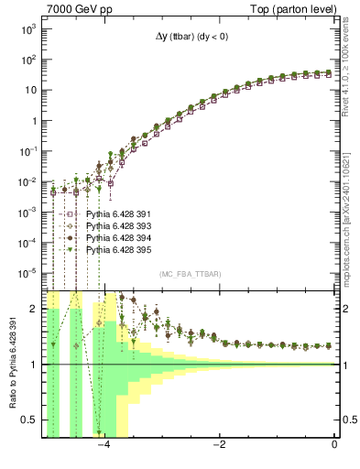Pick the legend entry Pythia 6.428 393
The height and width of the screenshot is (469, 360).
click(x=115, y=225)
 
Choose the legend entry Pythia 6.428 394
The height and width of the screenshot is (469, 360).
click(x=115, y=237)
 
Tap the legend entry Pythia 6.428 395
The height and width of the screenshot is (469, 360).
click(x=115, y=249)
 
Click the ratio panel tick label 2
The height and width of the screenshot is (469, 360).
click(x=34, y=309)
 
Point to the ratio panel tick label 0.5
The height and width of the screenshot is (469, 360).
click(x=29, y=420)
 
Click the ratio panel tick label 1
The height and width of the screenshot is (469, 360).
click(x=34, y=365)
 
